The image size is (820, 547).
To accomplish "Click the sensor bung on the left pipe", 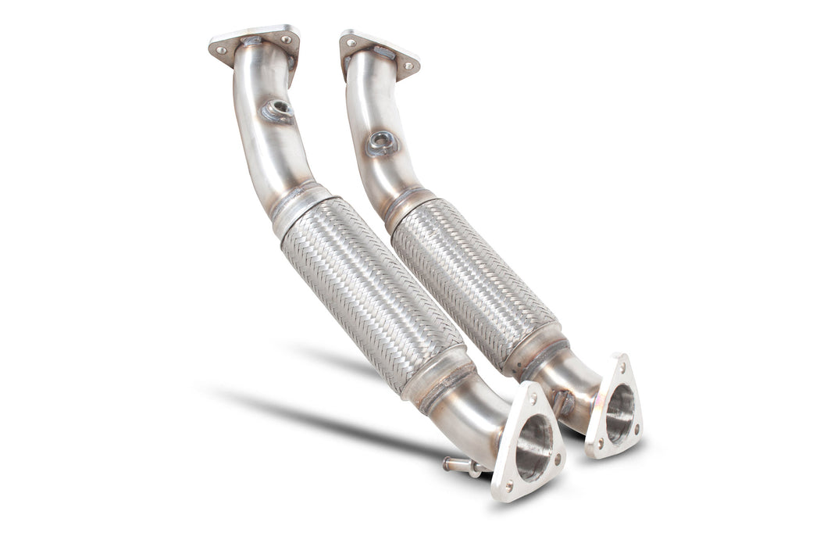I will pyautogui.click(x=277, y=109).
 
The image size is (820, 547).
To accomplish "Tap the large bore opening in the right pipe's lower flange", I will pyautogui.click(x=619, y=414).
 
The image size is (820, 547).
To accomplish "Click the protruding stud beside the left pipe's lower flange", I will pyautogui.click(x=462, y=466).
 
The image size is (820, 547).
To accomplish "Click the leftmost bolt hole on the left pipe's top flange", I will pyautogui.click(x=221, y=49).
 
